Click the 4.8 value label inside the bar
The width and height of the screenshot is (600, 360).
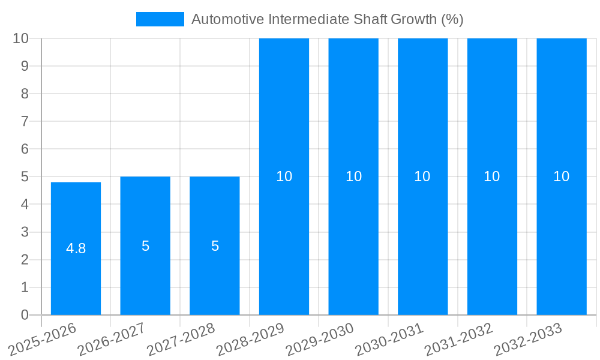[x=76, y=248]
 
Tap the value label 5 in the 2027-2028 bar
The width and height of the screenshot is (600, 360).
[x=215, y=246]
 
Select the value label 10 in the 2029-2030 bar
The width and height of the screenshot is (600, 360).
[x=353, y=176]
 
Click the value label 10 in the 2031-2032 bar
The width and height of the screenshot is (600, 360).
[x=492, y=176]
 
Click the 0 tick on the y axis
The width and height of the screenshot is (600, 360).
[x=25, y=315]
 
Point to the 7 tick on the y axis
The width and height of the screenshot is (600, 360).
[x=25, y=121]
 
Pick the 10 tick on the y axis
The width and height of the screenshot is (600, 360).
[x=21, y=38]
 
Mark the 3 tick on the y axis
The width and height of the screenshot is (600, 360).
[x=25, y=232]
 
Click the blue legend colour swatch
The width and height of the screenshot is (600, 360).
[x=160, y=19]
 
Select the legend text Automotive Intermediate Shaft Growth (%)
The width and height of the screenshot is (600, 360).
[x=327, y=19]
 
